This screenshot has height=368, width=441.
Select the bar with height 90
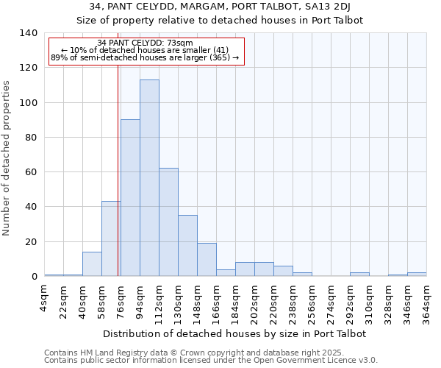130,198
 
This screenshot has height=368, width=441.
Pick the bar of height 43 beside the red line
111,238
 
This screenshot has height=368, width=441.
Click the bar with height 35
187,246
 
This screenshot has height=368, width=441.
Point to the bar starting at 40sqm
92,263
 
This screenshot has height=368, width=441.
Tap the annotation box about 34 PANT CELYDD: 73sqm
145,50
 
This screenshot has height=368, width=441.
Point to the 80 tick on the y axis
31,138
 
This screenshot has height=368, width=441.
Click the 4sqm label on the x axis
45,299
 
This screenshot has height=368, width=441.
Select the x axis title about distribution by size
234,333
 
